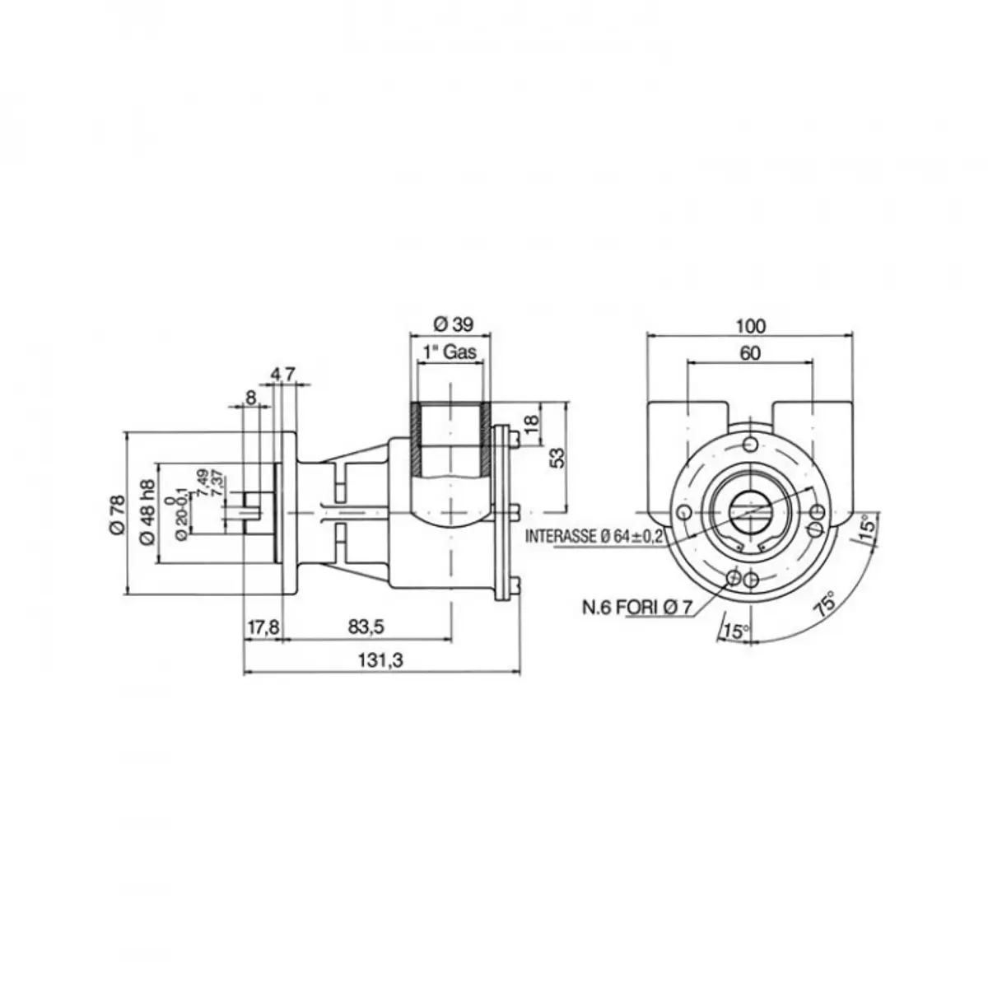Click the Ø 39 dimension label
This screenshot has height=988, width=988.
453,324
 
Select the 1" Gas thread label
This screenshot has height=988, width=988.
450,352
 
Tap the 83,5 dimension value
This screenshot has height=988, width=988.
366,626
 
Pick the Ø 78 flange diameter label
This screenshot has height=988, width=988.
118,515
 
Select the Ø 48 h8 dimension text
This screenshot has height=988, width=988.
147,513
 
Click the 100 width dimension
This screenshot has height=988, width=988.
750,326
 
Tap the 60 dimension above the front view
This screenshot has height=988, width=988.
750,353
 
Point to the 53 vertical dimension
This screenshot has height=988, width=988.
558,457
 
